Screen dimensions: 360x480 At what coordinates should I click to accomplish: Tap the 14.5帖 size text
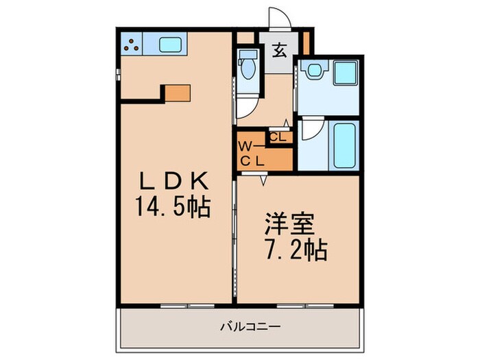coord(173,206)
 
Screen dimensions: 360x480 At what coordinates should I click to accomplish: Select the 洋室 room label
coord(291,226)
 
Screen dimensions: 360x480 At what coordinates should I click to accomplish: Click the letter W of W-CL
coord(244,146)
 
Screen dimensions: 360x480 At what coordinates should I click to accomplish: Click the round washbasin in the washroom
coord(315,70)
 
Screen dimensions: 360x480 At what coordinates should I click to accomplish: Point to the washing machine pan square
coord(346,73)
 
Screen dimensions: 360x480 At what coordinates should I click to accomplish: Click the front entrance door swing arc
coord(277,17)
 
